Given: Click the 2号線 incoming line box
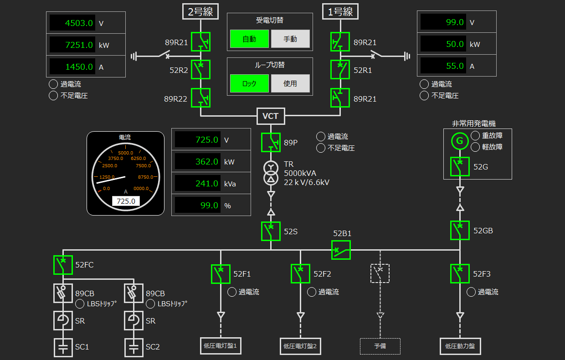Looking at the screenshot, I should [x=200, y=11].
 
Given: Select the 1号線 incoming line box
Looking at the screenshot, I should [x=340, y=11].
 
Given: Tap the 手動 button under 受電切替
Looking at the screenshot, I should [x=290, y=39].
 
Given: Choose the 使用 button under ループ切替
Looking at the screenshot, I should [x=290, y=84].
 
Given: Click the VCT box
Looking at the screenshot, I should [x=270, y=116].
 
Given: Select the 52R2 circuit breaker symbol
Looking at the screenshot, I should [x=200, y=70].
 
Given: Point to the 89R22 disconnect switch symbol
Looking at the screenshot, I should [x=200, y=98].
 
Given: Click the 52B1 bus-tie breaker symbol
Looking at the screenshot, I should [x=341, y=250].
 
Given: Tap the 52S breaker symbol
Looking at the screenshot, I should [x=271, y=231].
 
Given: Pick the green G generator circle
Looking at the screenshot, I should [x=460, y=141].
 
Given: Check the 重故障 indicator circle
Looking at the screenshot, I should [x=475, y=135].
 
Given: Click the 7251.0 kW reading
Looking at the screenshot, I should [x=72, y=45].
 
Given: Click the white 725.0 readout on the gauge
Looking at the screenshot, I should [x=126, y=201].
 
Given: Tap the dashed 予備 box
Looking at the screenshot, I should [x=380, y=346].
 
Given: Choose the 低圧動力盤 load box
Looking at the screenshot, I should [x=460, y=346].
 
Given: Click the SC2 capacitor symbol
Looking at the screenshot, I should [x=134, y=347].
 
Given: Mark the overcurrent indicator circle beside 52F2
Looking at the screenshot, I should [x=311, y=292].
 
